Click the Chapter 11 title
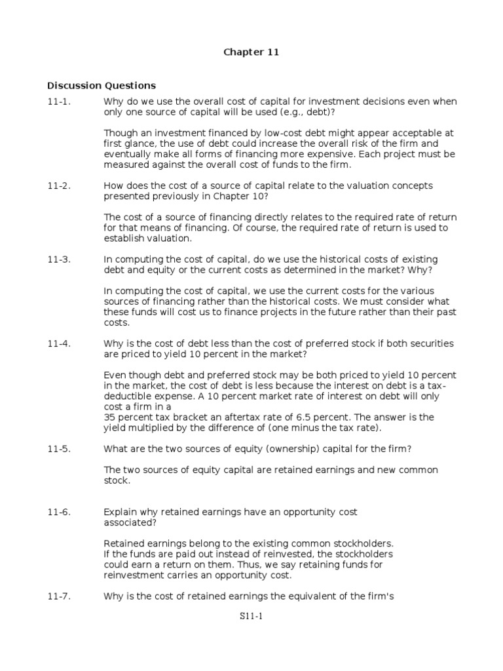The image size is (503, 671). point(251,52)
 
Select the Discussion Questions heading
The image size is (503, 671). point(102,85)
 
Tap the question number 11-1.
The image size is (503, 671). point(58,102)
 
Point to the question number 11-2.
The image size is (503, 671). point(58,186)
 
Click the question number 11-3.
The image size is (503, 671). point(58,259)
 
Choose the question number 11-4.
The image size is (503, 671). point(58,344)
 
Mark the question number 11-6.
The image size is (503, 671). point(58,512)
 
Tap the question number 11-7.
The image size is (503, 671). point(58,596)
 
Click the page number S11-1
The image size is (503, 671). point(251,616)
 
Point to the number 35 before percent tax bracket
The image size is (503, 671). point(110,417)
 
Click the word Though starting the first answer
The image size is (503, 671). point(119,133)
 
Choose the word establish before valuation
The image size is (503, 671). point(124,239)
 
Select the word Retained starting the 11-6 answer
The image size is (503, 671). point(124,544)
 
